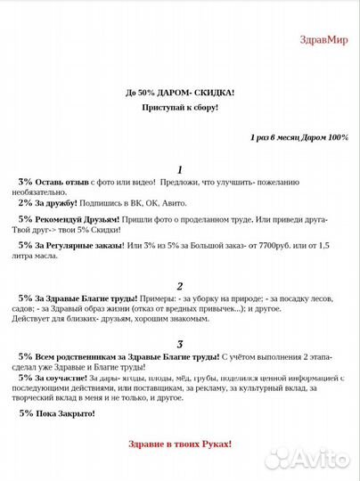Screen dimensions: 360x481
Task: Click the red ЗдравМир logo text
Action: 325,38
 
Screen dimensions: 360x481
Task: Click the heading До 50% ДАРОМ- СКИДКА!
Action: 180,92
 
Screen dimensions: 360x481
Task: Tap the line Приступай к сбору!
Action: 180,107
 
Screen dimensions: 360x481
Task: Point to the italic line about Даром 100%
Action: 299,137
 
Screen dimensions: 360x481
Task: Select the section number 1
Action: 180,169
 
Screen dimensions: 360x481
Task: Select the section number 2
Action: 180,286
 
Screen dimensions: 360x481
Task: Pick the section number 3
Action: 180,344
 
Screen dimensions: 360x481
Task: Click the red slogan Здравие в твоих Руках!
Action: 180,443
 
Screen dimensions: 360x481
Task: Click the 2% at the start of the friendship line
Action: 26,203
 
